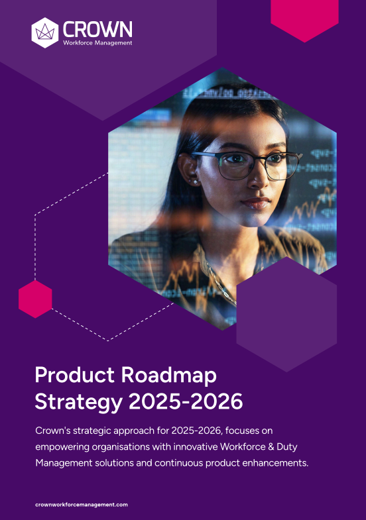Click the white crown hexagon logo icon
point(45,33)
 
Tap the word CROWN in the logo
point(97,29)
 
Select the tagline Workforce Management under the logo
point(97,43)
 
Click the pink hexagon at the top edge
point(304,19)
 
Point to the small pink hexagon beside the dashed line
point(35,299)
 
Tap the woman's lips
point(256,203)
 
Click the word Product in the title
point(74,375)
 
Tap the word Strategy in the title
point(78,402)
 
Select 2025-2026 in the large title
point(186,401)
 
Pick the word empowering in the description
point(62,447)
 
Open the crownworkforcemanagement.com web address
point(82,504)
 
